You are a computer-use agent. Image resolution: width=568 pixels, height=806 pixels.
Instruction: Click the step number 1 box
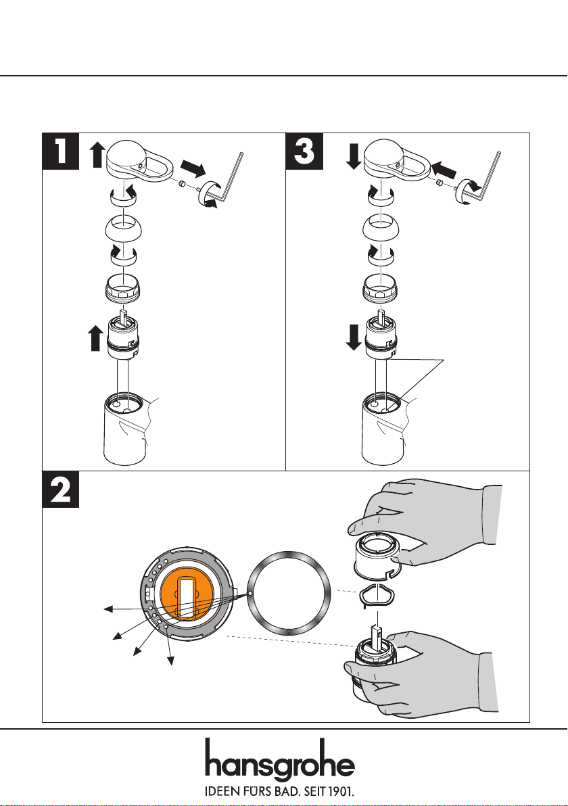click(x=61, y=152)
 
